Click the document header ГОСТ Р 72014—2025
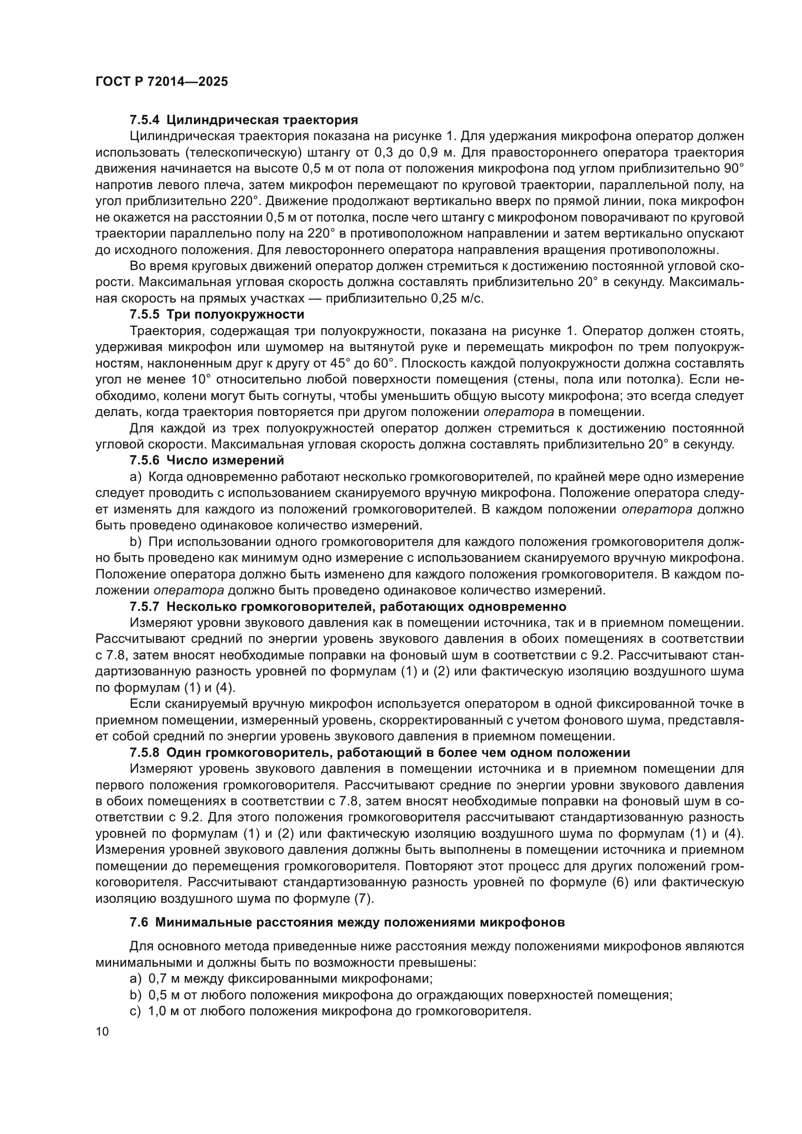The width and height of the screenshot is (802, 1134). coord(161,82)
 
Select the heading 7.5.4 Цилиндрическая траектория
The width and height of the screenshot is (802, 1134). coord(243,120)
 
